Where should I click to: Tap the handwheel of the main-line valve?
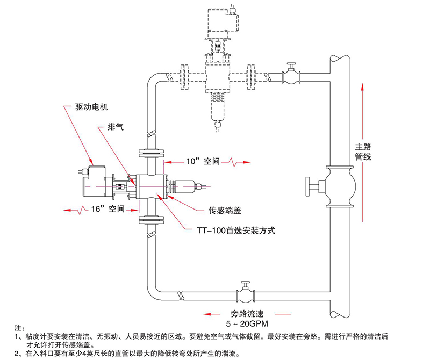(x=308, y=186)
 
